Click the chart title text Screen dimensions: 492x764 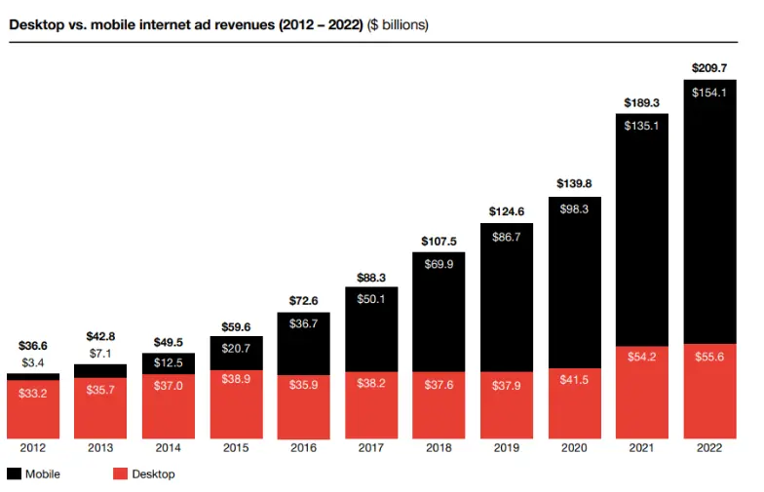[218, 24]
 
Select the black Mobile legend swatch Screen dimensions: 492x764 [15, 474]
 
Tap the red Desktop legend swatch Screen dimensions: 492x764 [121, 474]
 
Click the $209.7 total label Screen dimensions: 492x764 [708, 69]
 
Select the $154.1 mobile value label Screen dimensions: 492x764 [708, 93]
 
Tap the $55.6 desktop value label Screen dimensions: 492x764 [708, 358]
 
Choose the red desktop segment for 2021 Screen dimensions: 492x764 [641, 390]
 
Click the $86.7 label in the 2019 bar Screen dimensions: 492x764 [507, 237]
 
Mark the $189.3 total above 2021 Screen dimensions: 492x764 [641, 103]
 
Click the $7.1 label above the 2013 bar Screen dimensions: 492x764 [100, 353]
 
